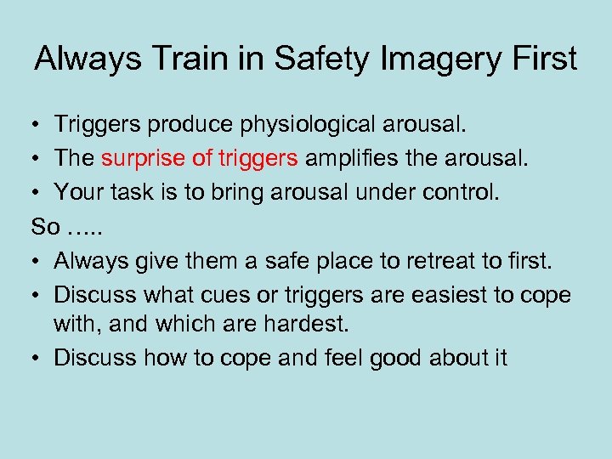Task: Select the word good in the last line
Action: coord(391,357)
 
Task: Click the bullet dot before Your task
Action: coord(39,192)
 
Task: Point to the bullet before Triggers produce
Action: coord(39,126)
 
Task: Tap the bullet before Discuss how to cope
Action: coord(39,358)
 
